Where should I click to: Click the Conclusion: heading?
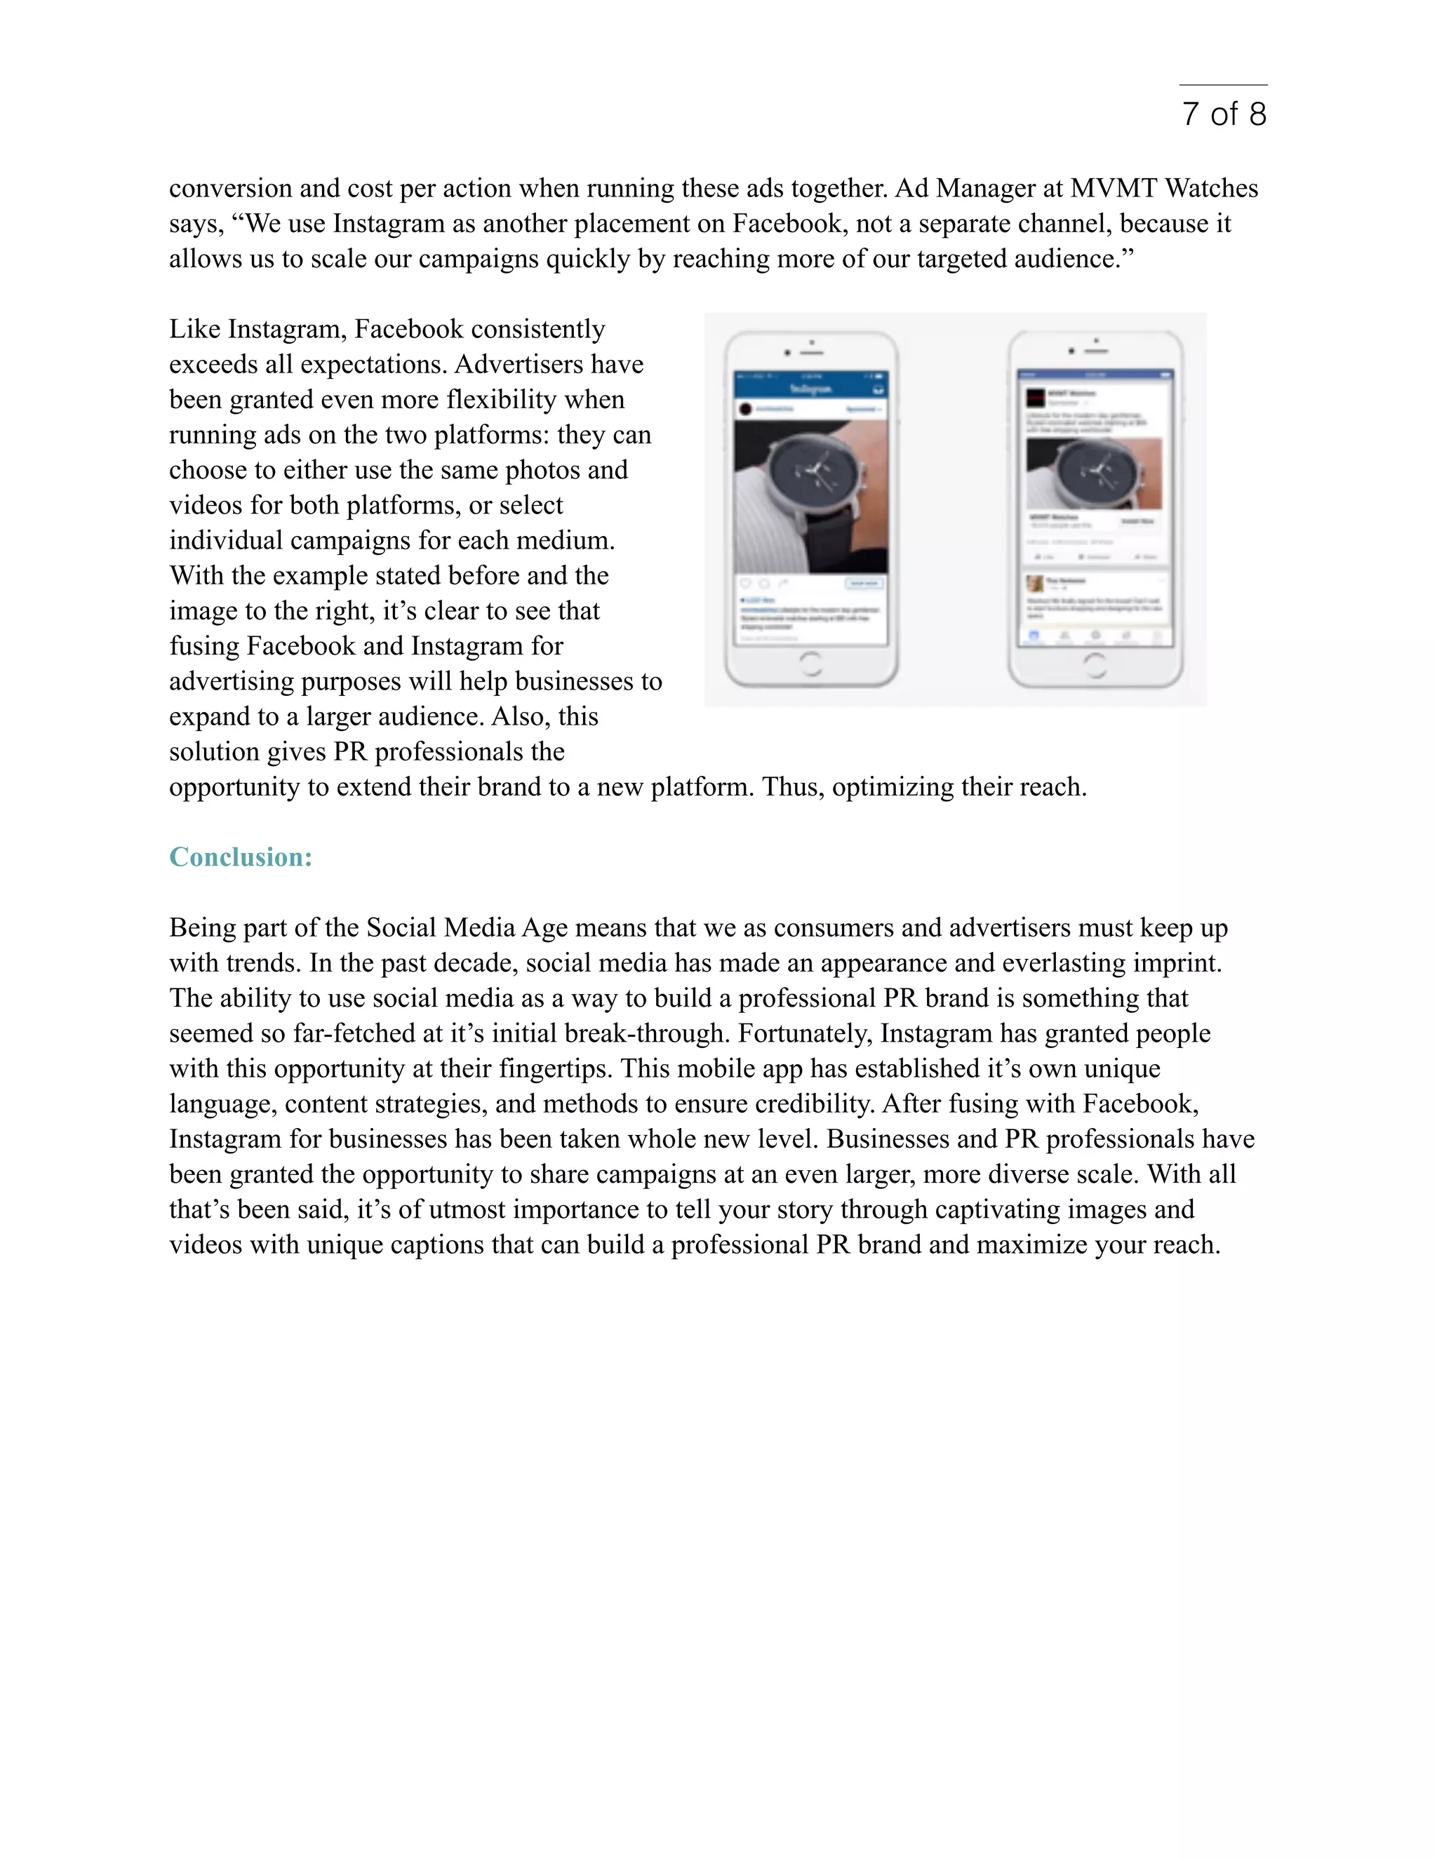click(x=241, y=857)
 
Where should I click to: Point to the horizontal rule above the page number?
click(x=1223, y=85)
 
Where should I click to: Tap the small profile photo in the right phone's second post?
click(x=1035, y=584)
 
